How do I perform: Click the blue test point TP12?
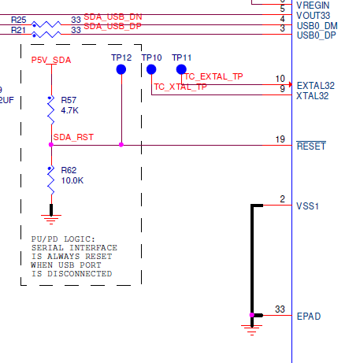[x=121, y=69]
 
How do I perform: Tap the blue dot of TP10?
[x=151, y=69]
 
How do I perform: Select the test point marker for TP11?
[x=181, y=69]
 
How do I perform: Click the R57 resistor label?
[x=69, y=100]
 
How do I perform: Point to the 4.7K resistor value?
[x=70, y=111]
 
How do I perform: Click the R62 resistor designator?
[x=69, y=169]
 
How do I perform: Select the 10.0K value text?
[x=72, y=180]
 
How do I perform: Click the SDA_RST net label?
[x=73, y=137]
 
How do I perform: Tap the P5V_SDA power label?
[x=51, y=60]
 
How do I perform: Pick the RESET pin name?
[x=310, y=146]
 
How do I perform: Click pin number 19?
[x=280, y=139]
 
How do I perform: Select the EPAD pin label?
[x=308, y=317]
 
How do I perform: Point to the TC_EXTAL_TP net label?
[x=213, y=76]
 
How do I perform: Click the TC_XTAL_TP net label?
[x=180, y=87]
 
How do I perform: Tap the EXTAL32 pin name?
[x=315, y=85]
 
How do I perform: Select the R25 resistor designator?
[x=19, y=19]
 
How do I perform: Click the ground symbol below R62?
[x=52, y=211]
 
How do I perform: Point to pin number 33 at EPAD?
[x=280, y=309]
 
